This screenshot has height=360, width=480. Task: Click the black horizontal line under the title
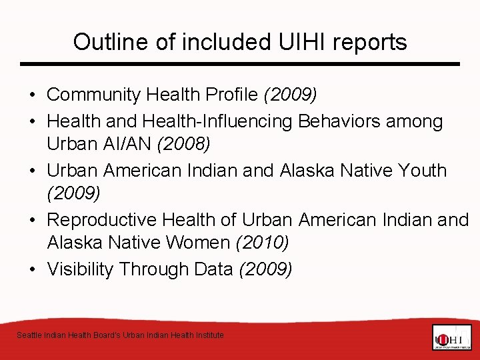pyautogui.click(x=240, y=64)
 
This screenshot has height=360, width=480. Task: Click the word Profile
pyautogui.click(x=233, y=95)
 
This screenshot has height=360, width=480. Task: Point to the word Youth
pyautogui.click(x=421, y=170)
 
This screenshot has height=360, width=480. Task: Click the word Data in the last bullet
pyautogui.click(x=213, y=269)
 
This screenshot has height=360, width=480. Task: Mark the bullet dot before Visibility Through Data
pyautogui.click(x=33, y=269)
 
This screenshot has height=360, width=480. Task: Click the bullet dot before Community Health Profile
pyautogui.click(x=33, y=95)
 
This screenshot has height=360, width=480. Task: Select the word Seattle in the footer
pyautogui.click(x=29, y=335)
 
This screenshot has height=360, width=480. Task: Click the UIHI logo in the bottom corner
pyautogui.click(x=451, y=337)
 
